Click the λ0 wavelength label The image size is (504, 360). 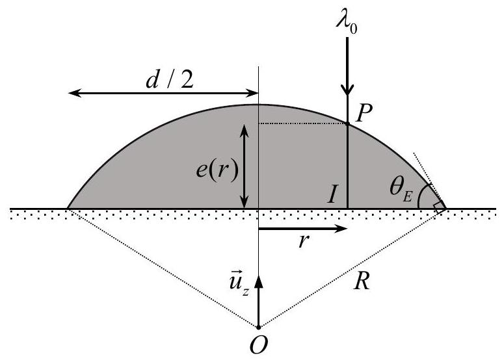pyautogui.click(x=347, y=23)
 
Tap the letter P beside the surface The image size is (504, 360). pyautogui.click(x=364, y=113)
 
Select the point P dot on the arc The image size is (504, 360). pyautogui.click(x=347, y=123)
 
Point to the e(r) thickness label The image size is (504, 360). pyautogui.click(x=217, y=170)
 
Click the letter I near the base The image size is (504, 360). pyautogui.click(x=332, y=194)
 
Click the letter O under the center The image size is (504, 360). pyautogui.click(x=258, y=345)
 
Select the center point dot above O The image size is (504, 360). pyautogui.click(x=258, y=328)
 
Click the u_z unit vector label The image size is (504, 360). pyautogui.click(x=239, y=284)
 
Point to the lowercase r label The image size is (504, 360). pyautogui.click(x=302, y=241)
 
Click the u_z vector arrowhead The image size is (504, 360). pyautogui.click(x=258, y=281)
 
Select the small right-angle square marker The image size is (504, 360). pyautogui.click(x=440, y=207)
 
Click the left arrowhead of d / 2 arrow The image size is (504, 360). pyautogui.click(x=75, y=93)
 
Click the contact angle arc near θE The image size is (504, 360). pyautogui.click(x=421, y=195)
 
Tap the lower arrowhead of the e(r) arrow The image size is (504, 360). pyautogui.click(x=244, y=201)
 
